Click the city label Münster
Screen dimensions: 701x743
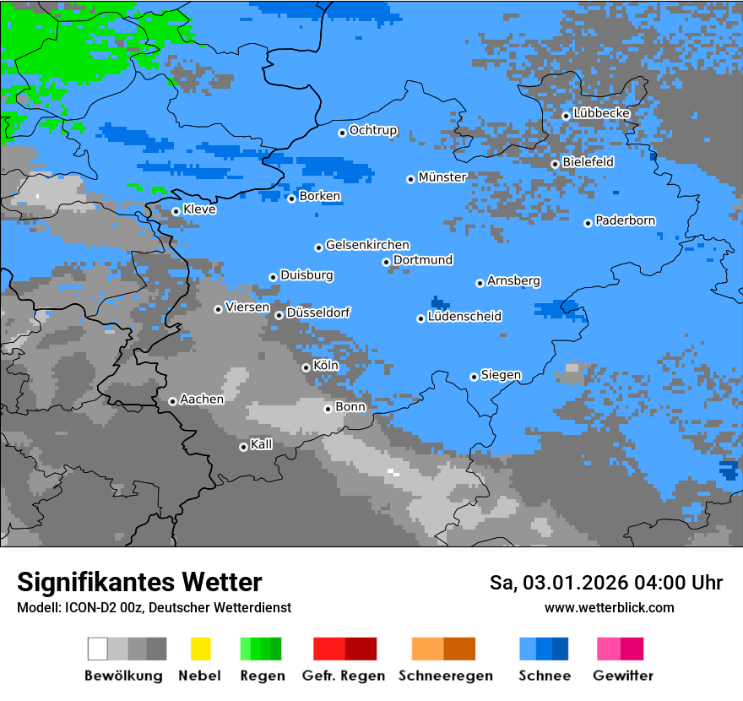[442, 177]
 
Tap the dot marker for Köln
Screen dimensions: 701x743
[306, 367]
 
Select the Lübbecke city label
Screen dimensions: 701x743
[601, 113]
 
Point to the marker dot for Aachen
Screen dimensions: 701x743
[172, 401]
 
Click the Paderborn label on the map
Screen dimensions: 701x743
[625, 220]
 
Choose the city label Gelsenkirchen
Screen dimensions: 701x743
[367, 245]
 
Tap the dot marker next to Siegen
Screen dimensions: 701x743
[474, 377]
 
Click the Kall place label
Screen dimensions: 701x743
[262, 444]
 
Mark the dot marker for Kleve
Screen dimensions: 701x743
[176, 211]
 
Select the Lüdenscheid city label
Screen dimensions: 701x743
[464, 317]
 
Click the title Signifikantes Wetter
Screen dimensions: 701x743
[139, 582]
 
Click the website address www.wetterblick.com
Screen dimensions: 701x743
[609, 607]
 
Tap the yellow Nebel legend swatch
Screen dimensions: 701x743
[200, 649]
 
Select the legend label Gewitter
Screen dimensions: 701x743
[622, 676]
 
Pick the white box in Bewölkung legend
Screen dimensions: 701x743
[98, 649]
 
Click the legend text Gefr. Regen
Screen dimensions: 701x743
[343, 676]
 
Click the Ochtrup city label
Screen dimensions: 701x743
[373, 130]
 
